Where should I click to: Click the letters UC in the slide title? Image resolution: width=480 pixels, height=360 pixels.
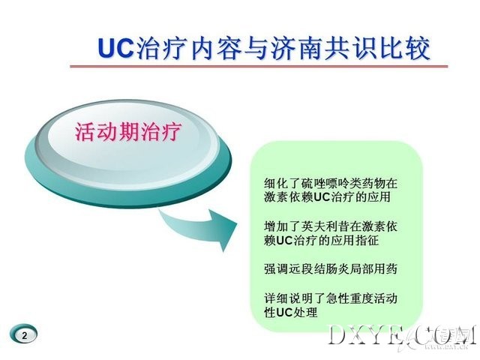tap(115, 48)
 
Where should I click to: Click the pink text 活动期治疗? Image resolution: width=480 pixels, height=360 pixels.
tap(128, 132)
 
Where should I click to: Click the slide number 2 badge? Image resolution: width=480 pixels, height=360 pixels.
tap(25, 335)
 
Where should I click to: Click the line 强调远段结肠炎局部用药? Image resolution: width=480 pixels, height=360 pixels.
tap(331, 268)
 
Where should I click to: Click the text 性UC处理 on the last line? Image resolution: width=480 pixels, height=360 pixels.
tap(291, 312)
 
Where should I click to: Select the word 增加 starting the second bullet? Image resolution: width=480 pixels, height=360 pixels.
tap(276, 226)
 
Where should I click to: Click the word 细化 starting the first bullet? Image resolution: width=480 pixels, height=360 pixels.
tap(276, 183)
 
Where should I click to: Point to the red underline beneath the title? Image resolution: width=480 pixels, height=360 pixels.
tap(259, 66)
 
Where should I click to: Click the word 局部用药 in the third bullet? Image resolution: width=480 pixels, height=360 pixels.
tap(373, 268)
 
